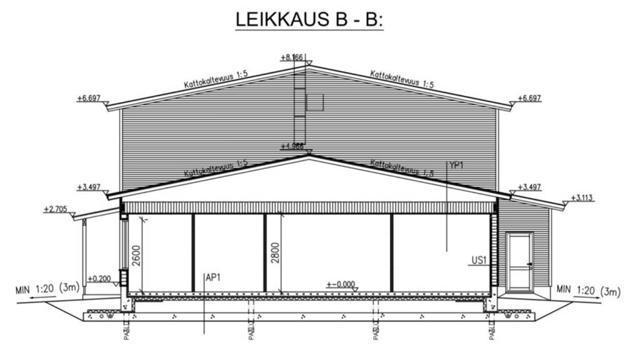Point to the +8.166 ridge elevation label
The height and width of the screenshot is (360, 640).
291,57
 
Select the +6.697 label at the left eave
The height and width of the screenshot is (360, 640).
89,98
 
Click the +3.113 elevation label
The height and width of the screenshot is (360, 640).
582,198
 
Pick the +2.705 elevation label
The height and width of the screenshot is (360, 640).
55,209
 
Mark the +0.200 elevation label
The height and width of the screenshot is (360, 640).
99,279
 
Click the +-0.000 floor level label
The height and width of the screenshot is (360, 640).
341,284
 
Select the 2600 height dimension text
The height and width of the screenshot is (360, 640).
137,256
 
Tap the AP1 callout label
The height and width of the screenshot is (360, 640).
214,279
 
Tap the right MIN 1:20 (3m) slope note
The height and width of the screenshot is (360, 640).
588,290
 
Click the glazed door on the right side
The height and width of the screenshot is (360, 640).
519,261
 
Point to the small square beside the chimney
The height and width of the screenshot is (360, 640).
314,102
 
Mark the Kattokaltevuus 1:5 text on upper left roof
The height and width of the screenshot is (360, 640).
216,79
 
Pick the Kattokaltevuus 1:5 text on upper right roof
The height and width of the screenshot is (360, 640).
402,79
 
